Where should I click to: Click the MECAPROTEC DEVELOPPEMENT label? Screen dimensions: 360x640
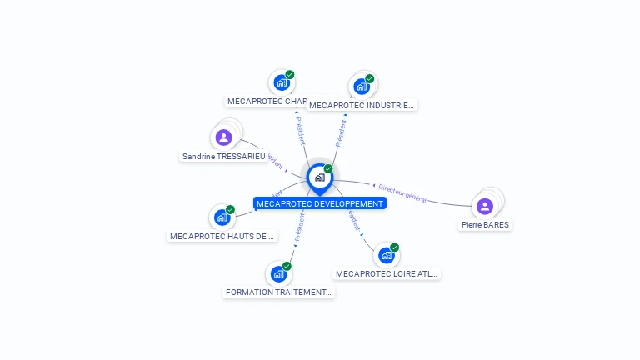pos(320,203)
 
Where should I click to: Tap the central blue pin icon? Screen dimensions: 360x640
pos(319,177)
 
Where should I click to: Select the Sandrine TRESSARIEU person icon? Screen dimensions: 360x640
pos(223,137)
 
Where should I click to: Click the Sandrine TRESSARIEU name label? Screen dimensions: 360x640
pos(223,156)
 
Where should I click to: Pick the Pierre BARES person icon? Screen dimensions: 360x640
pos(485,206)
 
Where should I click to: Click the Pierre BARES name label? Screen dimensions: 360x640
pos(485,224)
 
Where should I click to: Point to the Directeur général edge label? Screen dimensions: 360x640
pos(402,193)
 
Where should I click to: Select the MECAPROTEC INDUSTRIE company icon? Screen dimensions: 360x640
pos(362,87)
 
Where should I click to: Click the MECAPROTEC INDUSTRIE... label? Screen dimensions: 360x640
pos(361,105)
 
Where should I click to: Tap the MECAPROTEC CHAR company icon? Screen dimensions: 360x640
pos(282,82)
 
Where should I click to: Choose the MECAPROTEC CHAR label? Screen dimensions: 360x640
pos(267,101)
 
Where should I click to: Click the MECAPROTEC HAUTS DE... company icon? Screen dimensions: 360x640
pos(222,217)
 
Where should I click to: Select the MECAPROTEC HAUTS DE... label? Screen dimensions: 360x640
pos(222,236)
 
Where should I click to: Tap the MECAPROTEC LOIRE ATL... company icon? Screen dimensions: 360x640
pos(386,255)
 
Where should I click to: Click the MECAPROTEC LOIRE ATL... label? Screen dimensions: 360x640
pos(386,273)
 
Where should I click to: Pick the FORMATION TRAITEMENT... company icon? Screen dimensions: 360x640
pos(278,274)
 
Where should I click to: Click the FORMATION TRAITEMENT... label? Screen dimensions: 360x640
pos(278,292)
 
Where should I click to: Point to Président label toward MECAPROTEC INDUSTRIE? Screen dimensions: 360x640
pos(341,133)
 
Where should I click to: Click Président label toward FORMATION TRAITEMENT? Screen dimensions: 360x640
pos(298,227)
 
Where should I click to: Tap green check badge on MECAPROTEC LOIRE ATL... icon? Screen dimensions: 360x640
pos(394,247)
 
